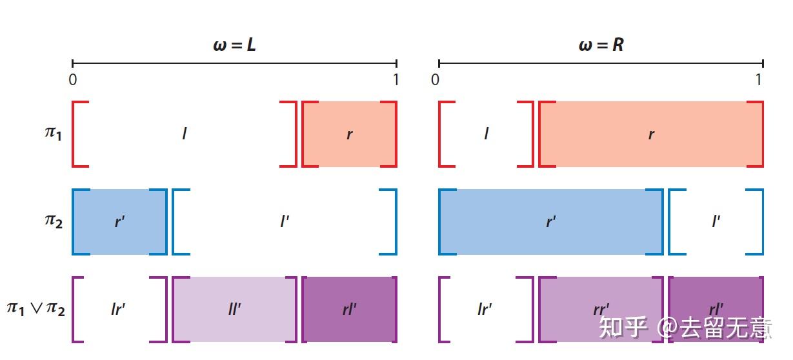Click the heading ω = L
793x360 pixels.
[x=234, y=45]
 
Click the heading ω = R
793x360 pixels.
[x=601, y=45]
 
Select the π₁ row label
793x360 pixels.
[x=53, y=134]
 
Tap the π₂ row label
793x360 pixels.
[x=53, y=221]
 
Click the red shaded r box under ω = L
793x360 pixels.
[x=349, y=134]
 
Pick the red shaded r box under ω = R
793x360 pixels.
[x=651, y=134]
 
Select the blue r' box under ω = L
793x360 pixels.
[x=119, y=222]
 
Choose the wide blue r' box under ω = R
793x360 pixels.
[x=550, y=222]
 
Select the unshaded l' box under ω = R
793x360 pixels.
[x=716, y=222]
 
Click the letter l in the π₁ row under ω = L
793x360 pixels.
[x=185, y=134]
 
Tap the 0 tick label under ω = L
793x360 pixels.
[x=72, y=80]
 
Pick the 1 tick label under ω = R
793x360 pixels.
[x=759, y=80]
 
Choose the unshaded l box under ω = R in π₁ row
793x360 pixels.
[x=486, y=134]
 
